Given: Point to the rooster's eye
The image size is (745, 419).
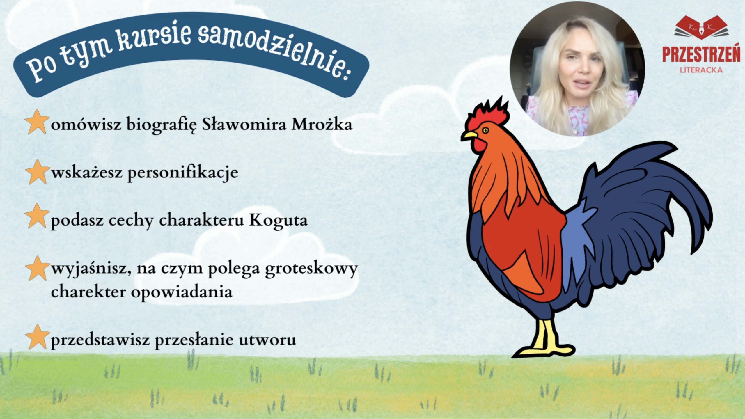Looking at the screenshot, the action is tap(485, 130).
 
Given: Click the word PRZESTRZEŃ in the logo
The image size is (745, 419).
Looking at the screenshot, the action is tap(702, 55).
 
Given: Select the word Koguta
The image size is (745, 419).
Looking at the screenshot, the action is tap(279, 220).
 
